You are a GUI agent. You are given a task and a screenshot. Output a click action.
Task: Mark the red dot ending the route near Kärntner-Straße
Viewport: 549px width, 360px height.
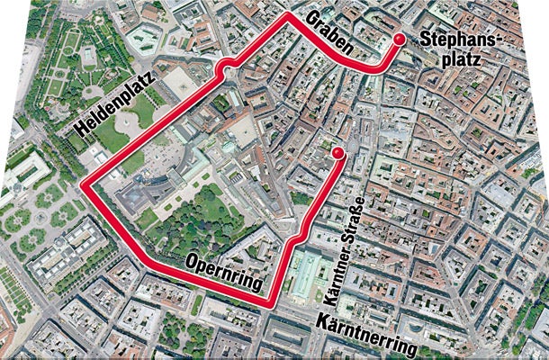(x=337, y=155)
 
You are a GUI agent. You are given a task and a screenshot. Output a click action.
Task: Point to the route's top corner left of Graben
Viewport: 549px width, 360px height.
(x=287, y=16)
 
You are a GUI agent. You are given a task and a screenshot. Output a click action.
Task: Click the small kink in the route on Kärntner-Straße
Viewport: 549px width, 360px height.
(x=298, y=236)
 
